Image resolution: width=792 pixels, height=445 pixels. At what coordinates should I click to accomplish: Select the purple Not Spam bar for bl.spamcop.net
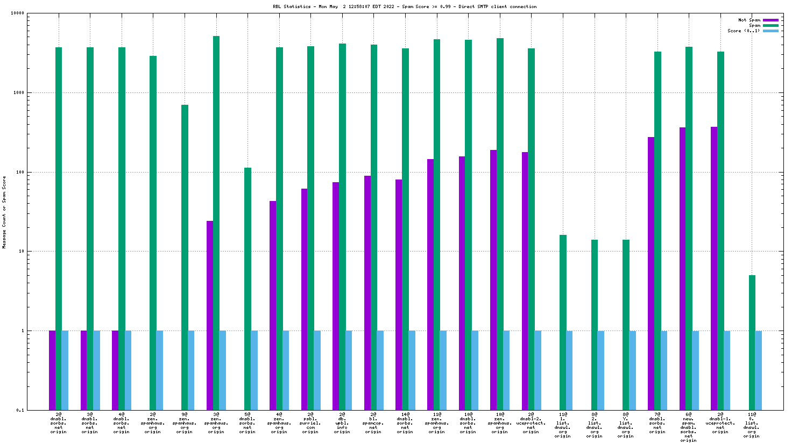[367, 292]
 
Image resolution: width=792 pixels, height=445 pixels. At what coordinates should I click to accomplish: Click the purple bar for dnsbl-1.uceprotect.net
[714, 268]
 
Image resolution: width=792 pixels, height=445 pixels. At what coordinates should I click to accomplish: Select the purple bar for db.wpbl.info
[336, 296]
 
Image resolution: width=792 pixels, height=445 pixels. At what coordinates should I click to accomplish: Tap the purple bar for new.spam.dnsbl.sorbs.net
[682, 268]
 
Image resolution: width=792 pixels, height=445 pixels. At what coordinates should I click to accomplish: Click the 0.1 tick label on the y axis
[20, 410]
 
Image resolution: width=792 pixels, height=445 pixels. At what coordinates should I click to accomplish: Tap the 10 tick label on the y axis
[22, 252]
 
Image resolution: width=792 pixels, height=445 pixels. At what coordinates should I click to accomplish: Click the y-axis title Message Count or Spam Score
[4, 212]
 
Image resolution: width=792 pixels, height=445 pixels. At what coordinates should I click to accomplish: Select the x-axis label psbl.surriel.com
[310, 423]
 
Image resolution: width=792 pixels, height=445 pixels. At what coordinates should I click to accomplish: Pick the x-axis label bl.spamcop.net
[373, 423]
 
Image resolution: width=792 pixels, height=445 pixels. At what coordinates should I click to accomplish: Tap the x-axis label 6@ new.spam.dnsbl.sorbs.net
[689, 427]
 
